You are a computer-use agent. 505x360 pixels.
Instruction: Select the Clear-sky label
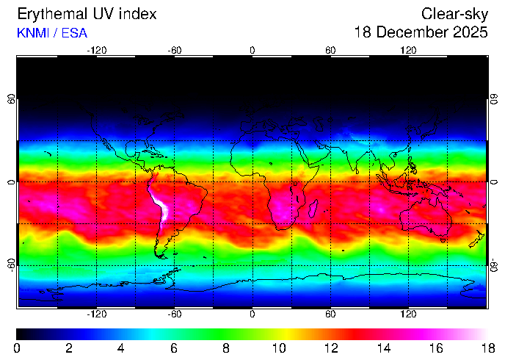(455, 14)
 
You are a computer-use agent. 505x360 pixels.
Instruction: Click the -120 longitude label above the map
(96, 50)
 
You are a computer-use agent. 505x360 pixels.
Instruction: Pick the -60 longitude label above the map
(174, 50)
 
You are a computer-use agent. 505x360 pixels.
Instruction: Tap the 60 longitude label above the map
(330, 50)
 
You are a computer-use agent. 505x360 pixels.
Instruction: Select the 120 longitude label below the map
(408, 314)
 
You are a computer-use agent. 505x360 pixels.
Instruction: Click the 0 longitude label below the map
(252, 314)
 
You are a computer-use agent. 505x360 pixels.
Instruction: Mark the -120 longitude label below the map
(96, 314)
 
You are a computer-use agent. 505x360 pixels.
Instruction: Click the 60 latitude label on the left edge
(11, 98)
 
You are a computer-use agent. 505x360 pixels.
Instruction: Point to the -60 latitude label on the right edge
(494, 264)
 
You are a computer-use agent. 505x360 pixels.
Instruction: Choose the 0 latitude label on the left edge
(11, 181)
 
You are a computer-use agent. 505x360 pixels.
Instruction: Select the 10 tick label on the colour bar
(278, 348)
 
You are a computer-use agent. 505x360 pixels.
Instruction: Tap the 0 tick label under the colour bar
(17, 348)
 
